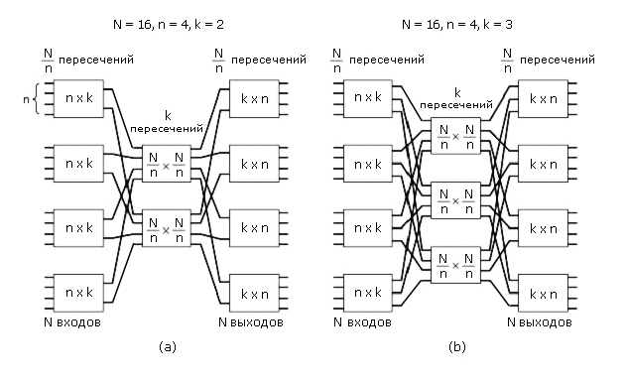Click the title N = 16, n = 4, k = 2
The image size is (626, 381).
tap(168, 25)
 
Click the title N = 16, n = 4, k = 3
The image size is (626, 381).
tap(456, 25)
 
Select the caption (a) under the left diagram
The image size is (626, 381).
tap(168, 346)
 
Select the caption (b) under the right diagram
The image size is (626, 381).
tap(457, 346)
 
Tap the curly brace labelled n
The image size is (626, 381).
tap(37, 98)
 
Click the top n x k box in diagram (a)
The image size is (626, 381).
tap(78, 98)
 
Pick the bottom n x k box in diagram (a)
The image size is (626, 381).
tap(78, 293)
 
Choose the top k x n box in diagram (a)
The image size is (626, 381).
tap(254, 98)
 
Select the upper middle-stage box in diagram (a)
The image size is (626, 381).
tap(167, 164)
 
